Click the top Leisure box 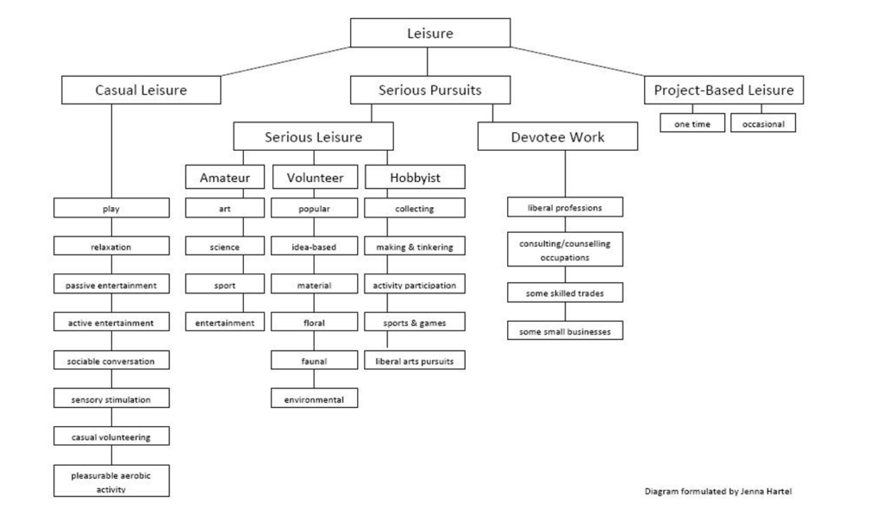(429, 34)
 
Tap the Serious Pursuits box (429, 90)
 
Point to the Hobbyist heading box (415, 178)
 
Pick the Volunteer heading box (314, 178)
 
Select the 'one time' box (692, 123)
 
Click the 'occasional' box (762, 123)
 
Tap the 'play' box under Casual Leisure (111, 209)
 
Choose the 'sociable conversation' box (111, 361)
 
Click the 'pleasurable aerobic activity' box (111, 481)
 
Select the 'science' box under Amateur (224, 247)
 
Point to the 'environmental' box (314, 399)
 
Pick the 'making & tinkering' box (415, 247)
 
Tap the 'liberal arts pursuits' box (415, 361)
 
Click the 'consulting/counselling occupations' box (565, 250)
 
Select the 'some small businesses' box (565, 331)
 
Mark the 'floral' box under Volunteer (314, 323)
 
